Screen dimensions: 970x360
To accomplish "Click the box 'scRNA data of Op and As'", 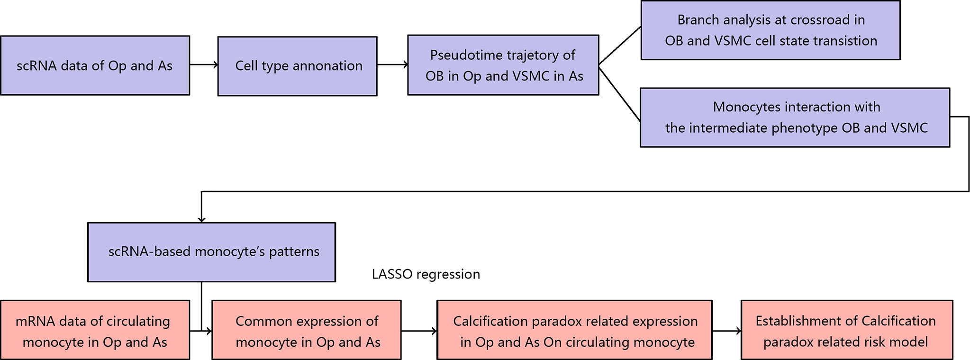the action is click(x=95, y=65).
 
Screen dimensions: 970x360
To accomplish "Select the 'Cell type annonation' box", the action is click(x=298, y=66).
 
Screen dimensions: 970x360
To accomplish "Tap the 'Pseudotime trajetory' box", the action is click(x=503, y=65).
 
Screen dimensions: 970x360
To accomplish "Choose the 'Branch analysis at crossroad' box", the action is click(x=771, y=30).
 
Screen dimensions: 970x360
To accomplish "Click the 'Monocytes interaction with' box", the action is click(x=795, y=117).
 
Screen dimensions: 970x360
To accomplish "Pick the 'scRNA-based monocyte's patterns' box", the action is click(x=211, y=252).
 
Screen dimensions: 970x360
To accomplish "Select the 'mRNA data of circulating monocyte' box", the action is click(x=95, y=330).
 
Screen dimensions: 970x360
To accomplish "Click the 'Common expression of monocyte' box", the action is click(x=307, y=330).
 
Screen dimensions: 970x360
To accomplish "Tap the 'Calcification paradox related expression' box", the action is click(x=574, y=330).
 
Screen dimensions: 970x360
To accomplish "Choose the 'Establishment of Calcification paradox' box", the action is click(x=847, y=330).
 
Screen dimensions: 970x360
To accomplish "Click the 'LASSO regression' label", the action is click(x=426, y=274).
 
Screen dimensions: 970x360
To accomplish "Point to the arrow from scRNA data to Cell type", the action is click(x=204, y=65).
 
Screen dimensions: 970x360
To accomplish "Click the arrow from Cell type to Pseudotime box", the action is click(x=392, y=65).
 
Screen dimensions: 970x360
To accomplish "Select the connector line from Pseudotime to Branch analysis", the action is click(x=620, y=45).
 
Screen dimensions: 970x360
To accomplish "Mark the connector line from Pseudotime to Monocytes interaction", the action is click(x=620, y=94).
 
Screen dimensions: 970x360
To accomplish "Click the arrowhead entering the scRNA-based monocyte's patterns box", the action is click(x=202, y=219).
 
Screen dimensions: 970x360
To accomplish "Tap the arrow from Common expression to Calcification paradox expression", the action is click(x=419, y=331).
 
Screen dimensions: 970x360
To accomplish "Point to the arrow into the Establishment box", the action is click(x=726, y=331).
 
